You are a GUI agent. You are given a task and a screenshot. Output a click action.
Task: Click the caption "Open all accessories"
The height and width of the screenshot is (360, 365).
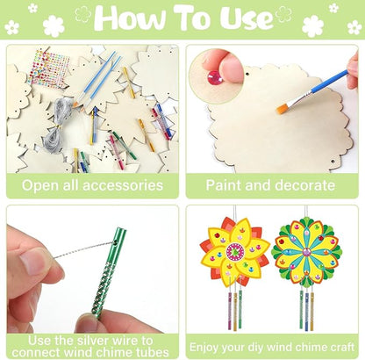93,185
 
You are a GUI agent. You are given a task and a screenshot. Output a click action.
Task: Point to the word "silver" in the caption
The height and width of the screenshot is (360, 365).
109,339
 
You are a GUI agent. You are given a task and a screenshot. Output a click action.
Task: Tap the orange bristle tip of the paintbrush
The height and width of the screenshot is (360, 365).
283,109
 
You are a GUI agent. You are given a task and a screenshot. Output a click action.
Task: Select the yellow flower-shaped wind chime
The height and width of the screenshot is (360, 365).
235,255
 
